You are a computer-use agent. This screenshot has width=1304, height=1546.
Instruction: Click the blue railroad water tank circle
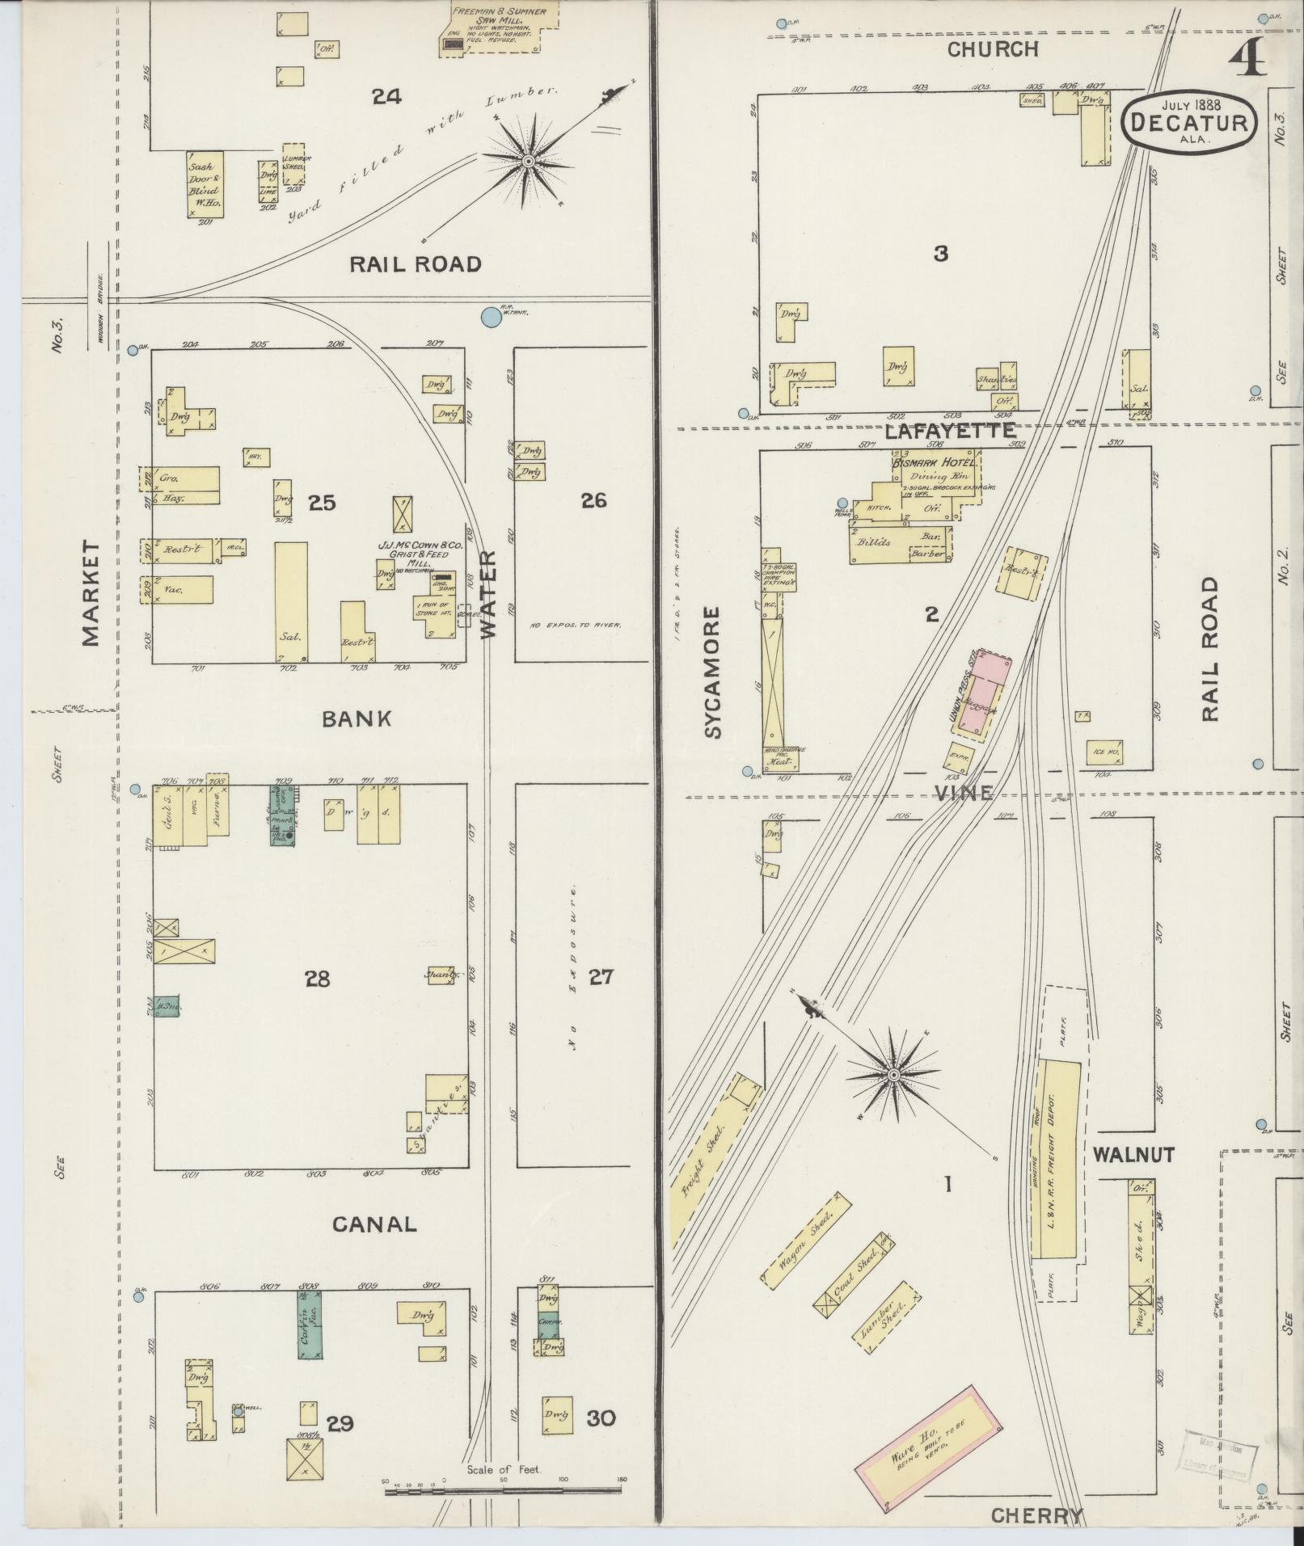tap(490, 317)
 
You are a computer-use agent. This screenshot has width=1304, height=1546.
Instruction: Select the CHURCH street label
tap(992, 49)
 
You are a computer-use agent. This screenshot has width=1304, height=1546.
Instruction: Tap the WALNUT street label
tap(1133, 1154)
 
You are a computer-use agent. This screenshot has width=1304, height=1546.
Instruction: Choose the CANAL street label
tap(375, 1224)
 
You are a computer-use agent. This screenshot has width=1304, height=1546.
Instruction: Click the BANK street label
tap(357, 718)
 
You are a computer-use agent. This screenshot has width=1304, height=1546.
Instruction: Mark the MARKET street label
tap(91, 593)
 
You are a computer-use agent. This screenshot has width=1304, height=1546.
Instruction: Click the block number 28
tap(317, 979)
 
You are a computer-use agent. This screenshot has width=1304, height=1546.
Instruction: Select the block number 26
tap(593, 500)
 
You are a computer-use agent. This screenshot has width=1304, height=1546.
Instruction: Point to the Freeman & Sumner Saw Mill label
tap(499, 17)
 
